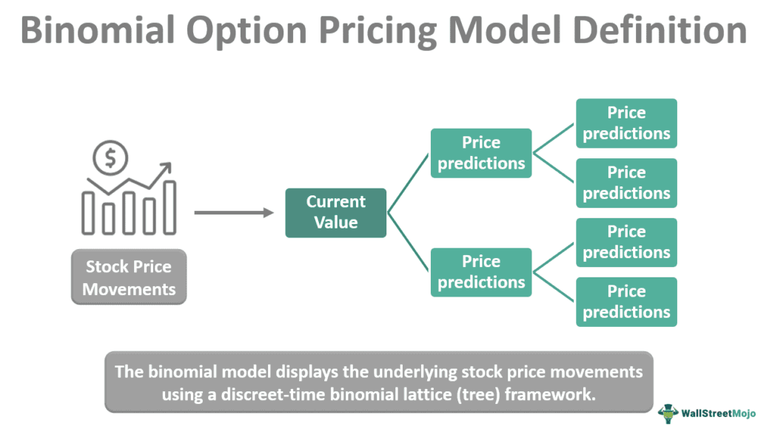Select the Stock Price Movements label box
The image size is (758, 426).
[129, 277]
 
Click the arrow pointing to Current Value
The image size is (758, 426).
[234, 213]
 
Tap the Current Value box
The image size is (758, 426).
[335, 212]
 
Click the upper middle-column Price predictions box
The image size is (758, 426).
[481, 153]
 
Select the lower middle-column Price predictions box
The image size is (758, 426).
[481, 272]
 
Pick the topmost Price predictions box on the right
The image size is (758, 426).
[626, 124]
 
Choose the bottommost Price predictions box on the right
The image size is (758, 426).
[626, 302]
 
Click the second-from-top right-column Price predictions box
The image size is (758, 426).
[626, 183]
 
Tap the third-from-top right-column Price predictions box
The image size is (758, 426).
[626, 243]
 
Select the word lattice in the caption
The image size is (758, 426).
[427, 393]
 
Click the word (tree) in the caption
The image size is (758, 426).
[480, 393]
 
